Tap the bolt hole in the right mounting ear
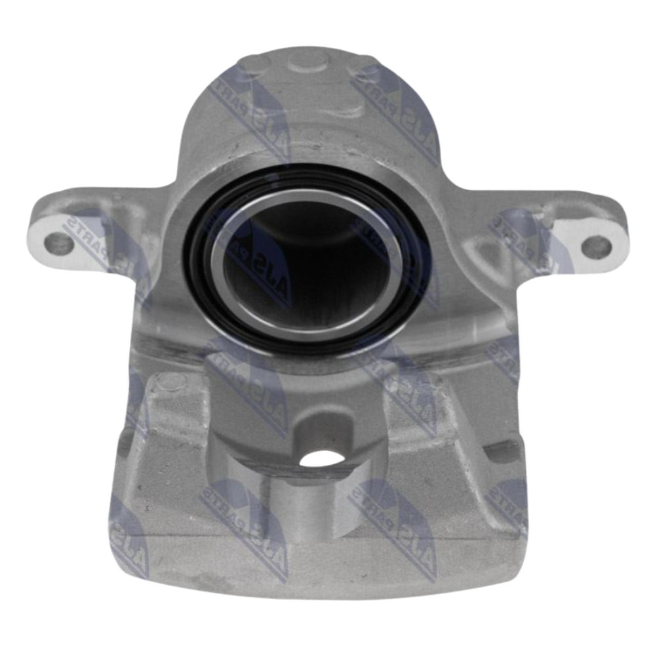coord(596,246)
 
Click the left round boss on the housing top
coord(252,66)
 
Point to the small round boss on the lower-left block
coord(168,380)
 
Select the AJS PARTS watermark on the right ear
coord(524,236)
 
